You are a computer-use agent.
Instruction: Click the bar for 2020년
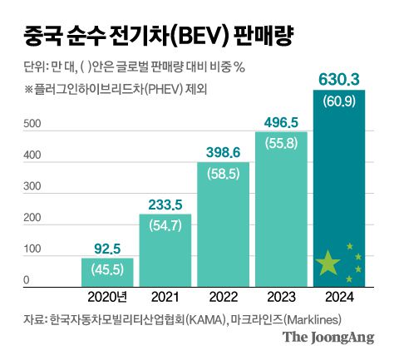click(x=107, y=272)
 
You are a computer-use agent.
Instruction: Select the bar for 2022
click(x=223, y=224)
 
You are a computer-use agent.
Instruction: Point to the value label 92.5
click(x=107, y=248)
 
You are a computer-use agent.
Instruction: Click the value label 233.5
click(x=165, y=204)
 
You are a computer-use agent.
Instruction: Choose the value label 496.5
click(x=281, y=121)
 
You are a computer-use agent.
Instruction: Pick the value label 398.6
click(x=223, y=151)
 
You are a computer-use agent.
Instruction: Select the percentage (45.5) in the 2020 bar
click(x=107, y=269)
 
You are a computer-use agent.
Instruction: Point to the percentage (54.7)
click(x=165, y=224)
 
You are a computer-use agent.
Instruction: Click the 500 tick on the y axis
click(x=32, y=125)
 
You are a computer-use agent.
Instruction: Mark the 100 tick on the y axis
click(x=32, y=250)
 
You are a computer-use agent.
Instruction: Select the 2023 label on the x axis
click(x=281, y=298)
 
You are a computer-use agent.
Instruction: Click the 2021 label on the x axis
click(x=165, y=298)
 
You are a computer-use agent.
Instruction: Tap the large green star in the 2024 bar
click(x=329, y=264)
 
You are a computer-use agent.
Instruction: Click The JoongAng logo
click(x=328, y=337)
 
